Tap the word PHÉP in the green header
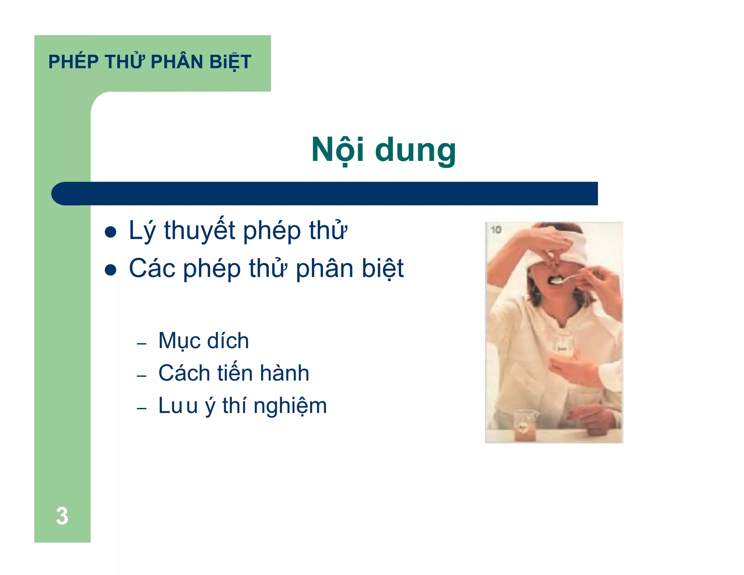73,62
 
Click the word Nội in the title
337,150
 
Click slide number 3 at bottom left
62,516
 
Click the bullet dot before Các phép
110,270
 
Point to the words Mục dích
203,341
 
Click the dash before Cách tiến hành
141,376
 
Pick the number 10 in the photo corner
496,230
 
